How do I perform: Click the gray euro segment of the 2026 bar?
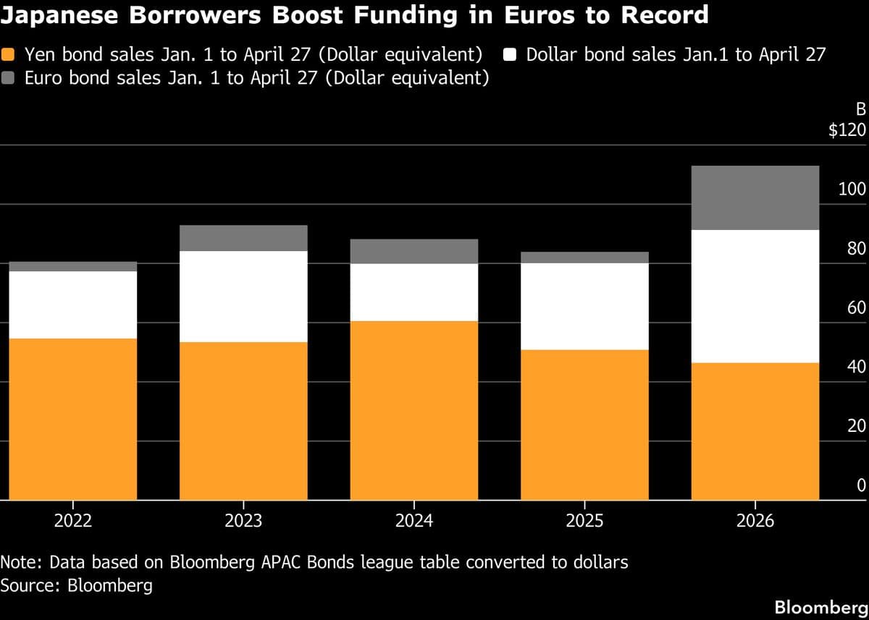click(x=755, y=198)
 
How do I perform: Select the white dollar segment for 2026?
click(x=755, y=296)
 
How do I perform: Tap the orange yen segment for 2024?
click(x=413, y=410)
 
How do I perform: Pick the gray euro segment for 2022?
click(x=73, y=266)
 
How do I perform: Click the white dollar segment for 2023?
click(x=243, y=296)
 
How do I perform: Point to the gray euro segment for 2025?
click(x=584, y=258)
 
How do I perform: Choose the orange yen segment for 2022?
click(x=73, y=419)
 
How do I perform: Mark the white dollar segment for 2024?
click(x=413, y=292)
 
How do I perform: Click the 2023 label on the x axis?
click(x=243, y=521)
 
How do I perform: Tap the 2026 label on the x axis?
click(x=755, y=521)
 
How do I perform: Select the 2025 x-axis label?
click(x=584, y=521)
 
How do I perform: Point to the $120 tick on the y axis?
click(x=847, y=131)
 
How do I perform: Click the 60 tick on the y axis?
click(x=857, y=308)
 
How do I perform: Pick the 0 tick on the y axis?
click(x=861, y=485)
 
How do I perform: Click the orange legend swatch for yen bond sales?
click(x=9, y=55)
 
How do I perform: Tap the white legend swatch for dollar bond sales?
click(x=510, y=55)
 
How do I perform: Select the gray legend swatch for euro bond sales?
click(x=9, y=78)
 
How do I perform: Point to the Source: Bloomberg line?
click(x=77, y=585)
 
